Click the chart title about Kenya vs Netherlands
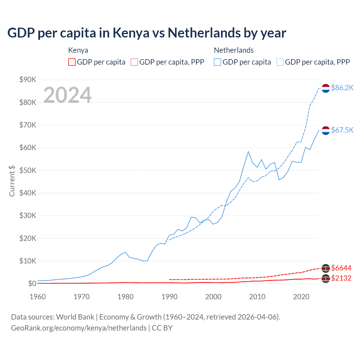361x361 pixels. coord(147,33)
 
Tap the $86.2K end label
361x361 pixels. coord(342,88)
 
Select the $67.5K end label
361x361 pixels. coord(342,130)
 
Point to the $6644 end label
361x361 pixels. coord(341,268)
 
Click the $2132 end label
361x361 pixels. coord(341,278)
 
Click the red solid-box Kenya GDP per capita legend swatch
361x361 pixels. coord(72,62)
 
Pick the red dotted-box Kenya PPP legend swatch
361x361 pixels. coord(134,62)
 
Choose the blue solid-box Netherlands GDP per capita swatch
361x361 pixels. coord(217,62)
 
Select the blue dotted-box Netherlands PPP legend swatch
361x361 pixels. coord(280,62)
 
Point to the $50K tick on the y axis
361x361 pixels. coord(28,170)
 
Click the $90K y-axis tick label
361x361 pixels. coord(28,80)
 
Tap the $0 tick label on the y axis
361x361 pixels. coord(32,283)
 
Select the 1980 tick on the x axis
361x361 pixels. coord(126,297)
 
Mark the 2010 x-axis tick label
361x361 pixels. coord(257,297)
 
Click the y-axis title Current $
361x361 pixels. coord(12,181)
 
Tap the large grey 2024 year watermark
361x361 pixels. coord(67,95)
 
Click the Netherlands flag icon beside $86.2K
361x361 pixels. coord(326,88)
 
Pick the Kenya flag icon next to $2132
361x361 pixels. coord(326,279)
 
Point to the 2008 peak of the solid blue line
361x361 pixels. coord(248,152)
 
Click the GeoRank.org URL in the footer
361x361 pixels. coord(79,328)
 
